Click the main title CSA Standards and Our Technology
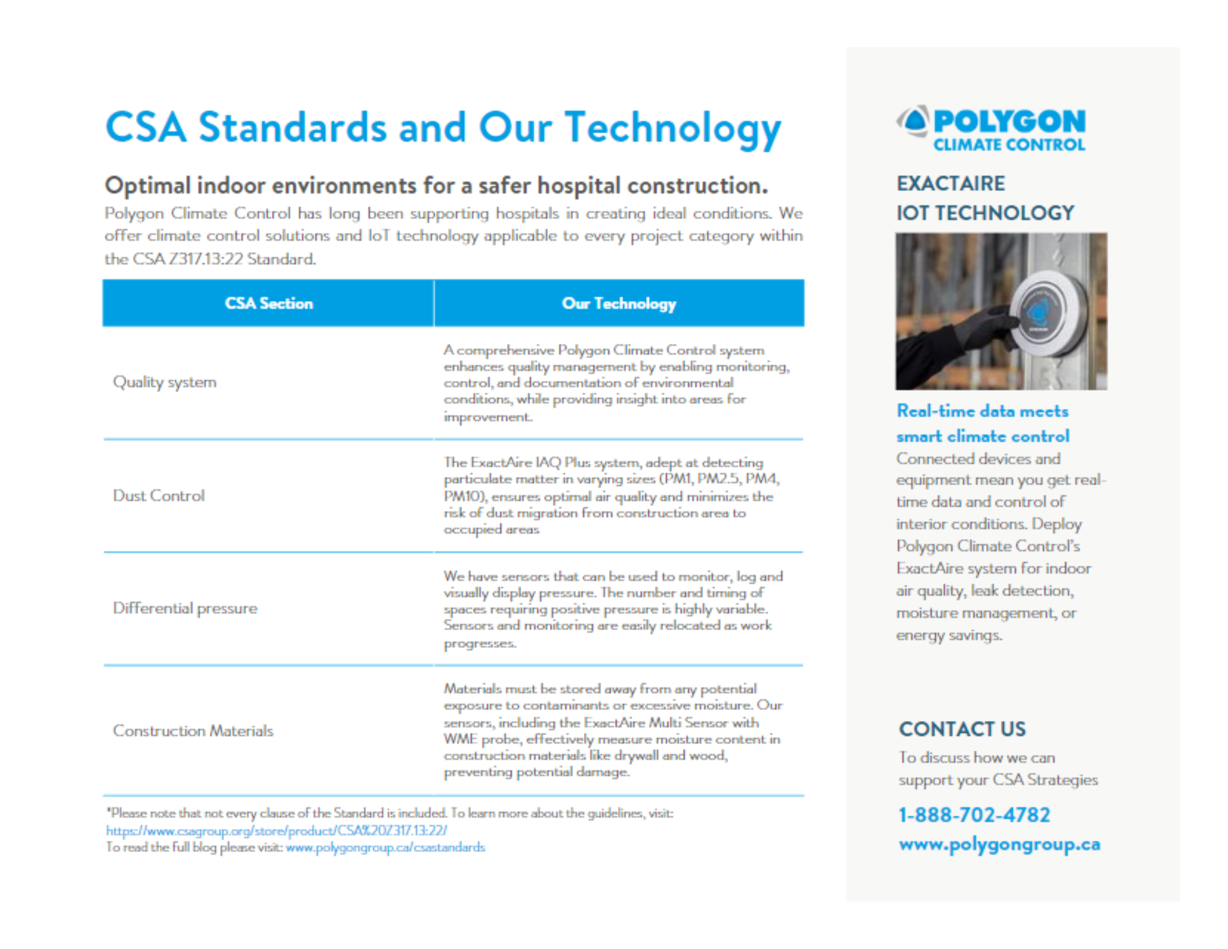[x=443, y=128]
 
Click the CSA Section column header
[x=269, y=303]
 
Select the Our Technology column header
[x=619, y=303]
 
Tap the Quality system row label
[x=165, y=382]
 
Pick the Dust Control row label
[x=158, y=496]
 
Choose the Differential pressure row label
[x=185, y=608]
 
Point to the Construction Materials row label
[x=193, y=730]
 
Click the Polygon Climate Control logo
[x=991, y=129]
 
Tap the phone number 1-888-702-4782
[x=974, y=815]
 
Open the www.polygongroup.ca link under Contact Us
[x=999, y=845]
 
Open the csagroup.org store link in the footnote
[x=276, y=830]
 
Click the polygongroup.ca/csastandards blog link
[x=385, y=848]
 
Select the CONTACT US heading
[x=962, y=729]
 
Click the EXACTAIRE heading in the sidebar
[x=950, y=184]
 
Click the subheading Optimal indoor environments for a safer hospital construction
[x=436, y=186]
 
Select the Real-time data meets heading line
[x=982, y=411]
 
